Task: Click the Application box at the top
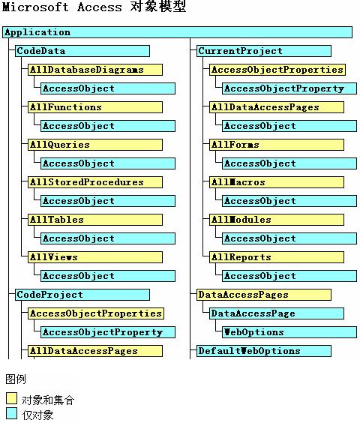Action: pyautogui.click(x=177, y=32)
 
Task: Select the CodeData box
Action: pyautogui.click(x=82, y=51)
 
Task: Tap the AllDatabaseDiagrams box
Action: pyautogui.click(x=95, y=70)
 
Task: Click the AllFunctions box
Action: pyautogui.click(x=95, y=107)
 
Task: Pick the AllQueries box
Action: pyautogui.click(x=95, y=145)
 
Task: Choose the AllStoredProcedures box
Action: pyautogui.click(x=95, y=182)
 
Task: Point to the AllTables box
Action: pyautogui.click(x=95, y=220)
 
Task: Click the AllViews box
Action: pyautogui.click(x=95, y=257)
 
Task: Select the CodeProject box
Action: pyautogui.click(x=82, y=295)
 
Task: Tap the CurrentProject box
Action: pyautogui.click(x=264, y=51)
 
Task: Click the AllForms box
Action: pyautogui.click(x=277, y=145)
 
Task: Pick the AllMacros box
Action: pyautogui.click(x=277, y=182)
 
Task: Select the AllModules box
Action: pyautogui.click(x=277, y=220)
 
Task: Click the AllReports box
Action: pyautogui.click(x=277, y=257)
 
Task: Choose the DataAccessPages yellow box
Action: pyautogui.click(x=264, y=295)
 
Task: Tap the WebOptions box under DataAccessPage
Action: pyautogui.click(x=289, y=332)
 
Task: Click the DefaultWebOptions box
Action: pyautogui.click(x=264, y=351)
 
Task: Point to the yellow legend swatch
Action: pyautogui.click(x=11, y=398)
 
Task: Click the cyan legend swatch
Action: pyautogui.click(x=11, y=413)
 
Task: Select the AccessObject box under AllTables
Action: pyautogui.click(x=108, y=238)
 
